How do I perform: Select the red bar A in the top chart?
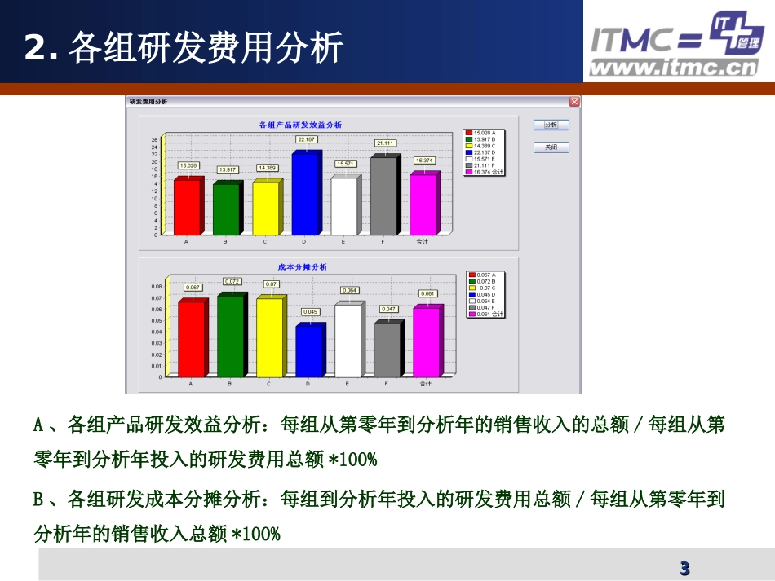tap(187, 207)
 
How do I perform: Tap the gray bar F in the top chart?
tap(383, 196)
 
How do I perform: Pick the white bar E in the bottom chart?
tap(347, 341)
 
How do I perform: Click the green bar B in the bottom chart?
tap(230, 336)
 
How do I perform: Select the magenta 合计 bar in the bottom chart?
tap(426, 342)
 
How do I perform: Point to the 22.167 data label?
tap(306, 139)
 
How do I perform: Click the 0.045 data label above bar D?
tap(310, 312)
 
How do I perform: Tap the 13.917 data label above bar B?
tap(228, 169)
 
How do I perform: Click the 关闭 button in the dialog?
tap(551, 147)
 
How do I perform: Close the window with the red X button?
tap(574, 102)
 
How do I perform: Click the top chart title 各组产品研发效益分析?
tap(299, 125)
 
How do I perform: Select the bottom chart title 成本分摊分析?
tap(302, 267)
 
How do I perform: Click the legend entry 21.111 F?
tap(484, 165)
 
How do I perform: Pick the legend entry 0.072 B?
tap(487, 281)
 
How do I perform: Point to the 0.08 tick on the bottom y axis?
tap(157, 287)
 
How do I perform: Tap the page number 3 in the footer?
tap(684, 568)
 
